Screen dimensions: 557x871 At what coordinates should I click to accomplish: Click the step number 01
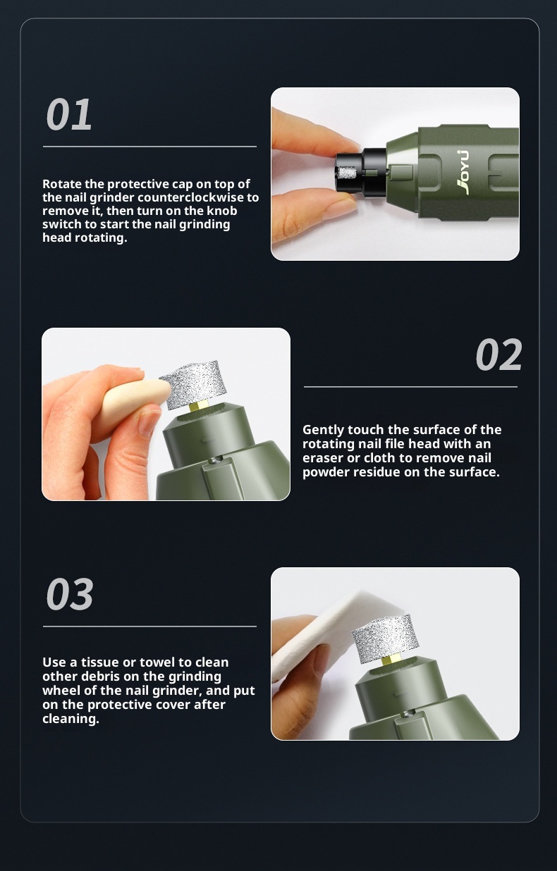pyautogui.click(x=69, y=114)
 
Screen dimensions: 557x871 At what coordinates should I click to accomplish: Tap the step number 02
pyautogui.click(x=498, y=354)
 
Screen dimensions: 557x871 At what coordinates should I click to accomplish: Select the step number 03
pyautogui.click(x=70, y=594)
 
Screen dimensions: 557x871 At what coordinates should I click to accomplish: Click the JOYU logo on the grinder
pyautogui.click(x=463, y=172)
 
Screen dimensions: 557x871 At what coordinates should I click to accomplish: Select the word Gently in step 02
pyautogui.click(x=323, y=430)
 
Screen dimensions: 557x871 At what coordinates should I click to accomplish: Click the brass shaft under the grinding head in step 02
pyautogui.click(x=198, y=408)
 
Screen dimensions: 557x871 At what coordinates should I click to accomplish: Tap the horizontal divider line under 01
pyautogui.click(x=149, y=147)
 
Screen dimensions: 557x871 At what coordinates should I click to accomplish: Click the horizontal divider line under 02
pyautogui.click(x=410, y=387)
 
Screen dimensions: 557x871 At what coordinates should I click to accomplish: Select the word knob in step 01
pyautogui.click(x=221, y=211)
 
